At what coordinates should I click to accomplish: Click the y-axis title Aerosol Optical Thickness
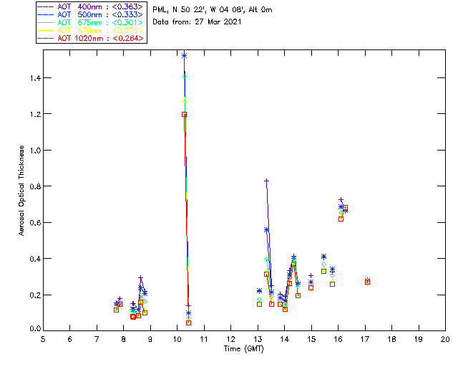pos(22,186)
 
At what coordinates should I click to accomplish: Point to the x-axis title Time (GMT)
pos(243,348)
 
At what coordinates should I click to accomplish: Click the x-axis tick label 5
pos(43,339)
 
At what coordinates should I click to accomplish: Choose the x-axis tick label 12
pos(230,339)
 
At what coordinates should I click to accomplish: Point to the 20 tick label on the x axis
pos(445,339)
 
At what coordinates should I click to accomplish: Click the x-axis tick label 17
pos(365,339)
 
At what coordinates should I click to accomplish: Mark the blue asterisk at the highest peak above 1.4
pos(184,55)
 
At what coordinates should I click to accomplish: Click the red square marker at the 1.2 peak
pos(184,114)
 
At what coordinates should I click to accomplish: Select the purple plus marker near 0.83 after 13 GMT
pos(266,181)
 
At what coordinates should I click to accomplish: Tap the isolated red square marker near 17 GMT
pos(367,282)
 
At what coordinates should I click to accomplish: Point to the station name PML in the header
pos(160,10)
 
